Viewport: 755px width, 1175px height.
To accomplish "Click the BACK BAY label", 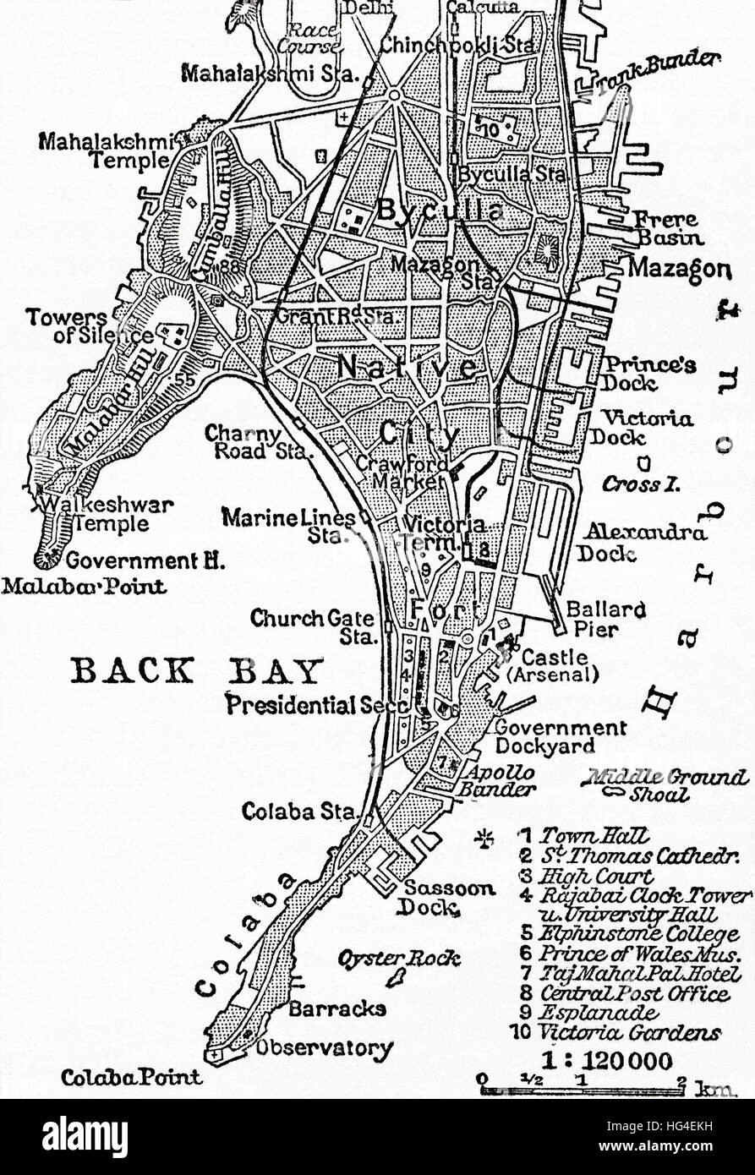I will coord(198,672).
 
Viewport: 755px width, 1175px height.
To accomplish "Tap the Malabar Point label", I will coord(84,585).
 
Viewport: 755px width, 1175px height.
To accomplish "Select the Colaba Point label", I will coord(131,1077).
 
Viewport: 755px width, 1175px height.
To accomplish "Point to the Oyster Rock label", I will coord(399,958).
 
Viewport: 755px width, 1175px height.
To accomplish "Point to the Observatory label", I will coord(325,1048).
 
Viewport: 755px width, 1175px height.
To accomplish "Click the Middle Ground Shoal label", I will coord(668,782).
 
